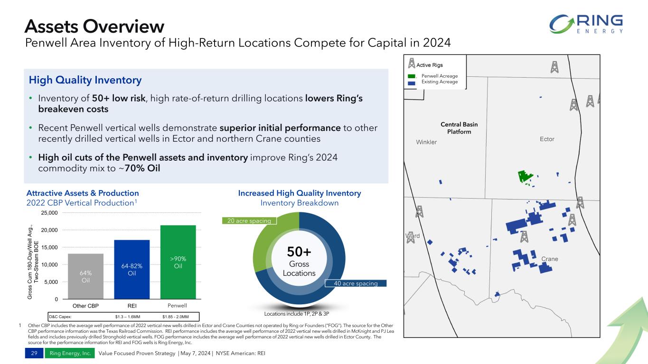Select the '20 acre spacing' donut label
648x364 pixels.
(249, 221)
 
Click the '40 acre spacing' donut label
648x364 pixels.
(356, 283)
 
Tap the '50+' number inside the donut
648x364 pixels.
(299, 253)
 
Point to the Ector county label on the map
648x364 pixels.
(547, 139)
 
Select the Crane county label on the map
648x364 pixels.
(549, 259)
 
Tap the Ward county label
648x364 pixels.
(412, 236)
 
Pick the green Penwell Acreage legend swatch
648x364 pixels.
(411, 76)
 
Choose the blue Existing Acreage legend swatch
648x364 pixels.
(411, 82)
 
